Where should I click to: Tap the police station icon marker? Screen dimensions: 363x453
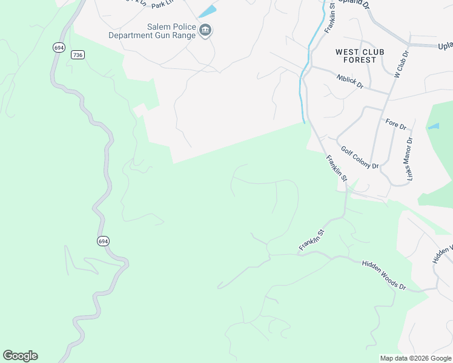pos(205,31)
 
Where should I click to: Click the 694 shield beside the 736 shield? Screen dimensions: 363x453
pos(58,47)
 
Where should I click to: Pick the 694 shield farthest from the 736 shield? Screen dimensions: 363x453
pos(103,241)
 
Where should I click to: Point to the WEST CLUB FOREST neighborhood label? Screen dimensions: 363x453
pos(359,56)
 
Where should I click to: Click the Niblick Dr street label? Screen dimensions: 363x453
pos(349,81)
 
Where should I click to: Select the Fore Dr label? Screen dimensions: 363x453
pos(395,125)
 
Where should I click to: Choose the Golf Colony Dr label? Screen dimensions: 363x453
pos(359,157)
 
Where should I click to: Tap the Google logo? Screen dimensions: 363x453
pos(20,356)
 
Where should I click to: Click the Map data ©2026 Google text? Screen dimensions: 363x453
pos(415,358)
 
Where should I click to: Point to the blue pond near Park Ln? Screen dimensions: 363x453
pos(208,11)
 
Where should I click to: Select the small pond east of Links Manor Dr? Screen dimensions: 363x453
pos(433,126)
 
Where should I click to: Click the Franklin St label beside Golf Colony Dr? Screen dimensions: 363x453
pos(336,168)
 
